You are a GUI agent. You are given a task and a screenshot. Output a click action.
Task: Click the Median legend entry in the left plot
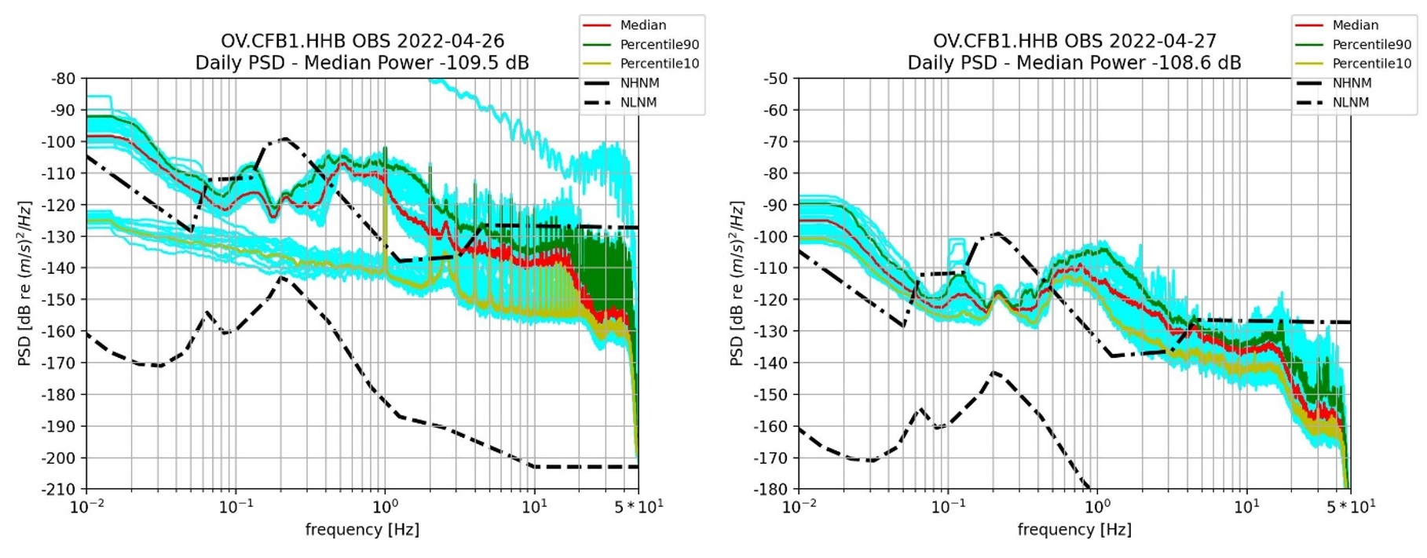point(642,25)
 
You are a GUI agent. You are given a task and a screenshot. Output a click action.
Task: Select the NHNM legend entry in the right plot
point(1352,83)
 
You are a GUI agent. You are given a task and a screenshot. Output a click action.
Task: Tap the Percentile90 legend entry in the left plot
point(659,45)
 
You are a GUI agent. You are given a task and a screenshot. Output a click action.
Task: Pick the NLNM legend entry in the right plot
point(1350,102)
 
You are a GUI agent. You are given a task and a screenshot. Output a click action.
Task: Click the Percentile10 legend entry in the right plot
point(1371,64)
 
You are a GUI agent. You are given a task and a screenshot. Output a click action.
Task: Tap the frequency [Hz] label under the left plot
point(362,530)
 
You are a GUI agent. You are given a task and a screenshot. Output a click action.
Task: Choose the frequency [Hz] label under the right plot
point(1074,530)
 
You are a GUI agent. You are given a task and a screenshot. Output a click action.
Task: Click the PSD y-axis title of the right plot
point(737,283)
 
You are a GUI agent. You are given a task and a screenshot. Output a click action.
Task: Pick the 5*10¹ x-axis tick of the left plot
point(638,507)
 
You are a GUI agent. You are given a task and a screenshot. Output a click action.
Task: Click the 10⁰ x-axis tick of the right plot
point(1097,507)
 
